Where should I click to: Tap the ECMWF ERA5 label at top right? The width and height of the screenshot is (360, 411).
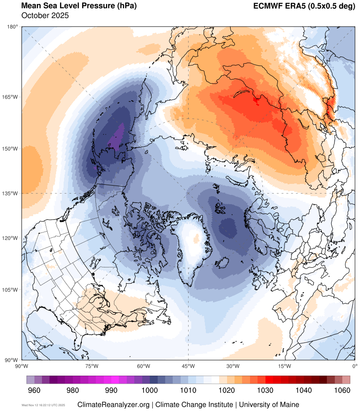coord(304,6)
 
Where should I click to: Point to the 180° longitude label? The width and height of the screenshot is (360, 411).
coord(12,27)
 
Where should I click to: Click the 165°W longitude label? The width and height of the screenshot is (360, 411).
coord(11,97)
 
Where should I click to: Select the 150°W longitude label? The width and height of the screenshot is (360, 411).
coord(11,148)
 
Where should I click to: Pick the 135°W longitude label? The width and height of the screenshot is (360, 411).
coord(11,193)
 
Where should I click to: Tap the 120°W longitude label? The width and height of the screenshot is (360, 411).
coord(11,238)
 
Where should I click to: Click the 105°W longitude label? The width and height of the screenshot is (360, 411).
coord(11,290)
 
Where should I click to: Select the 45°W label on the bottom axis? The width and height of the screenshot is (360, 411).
coord(189,366)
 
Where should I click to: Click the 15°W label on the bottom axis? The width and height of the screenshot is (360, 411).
coord(284,366)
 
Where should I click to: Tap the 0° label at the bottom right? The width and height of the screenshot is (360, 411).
coord(354,366)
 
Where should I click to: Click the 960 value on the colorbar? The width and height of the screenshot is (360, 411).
coord(34,390)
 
